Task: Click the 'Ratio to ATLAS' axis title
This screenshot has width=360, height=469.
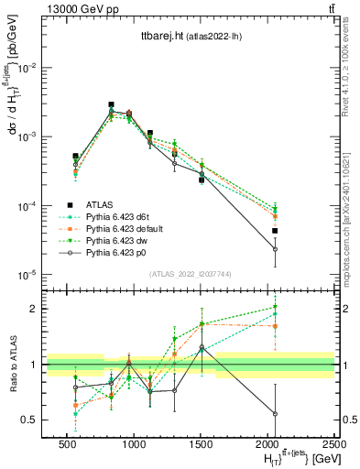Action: pos(12,363)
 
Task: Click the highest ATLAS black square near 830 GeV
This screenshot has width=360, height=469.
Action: pos(111,104)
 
